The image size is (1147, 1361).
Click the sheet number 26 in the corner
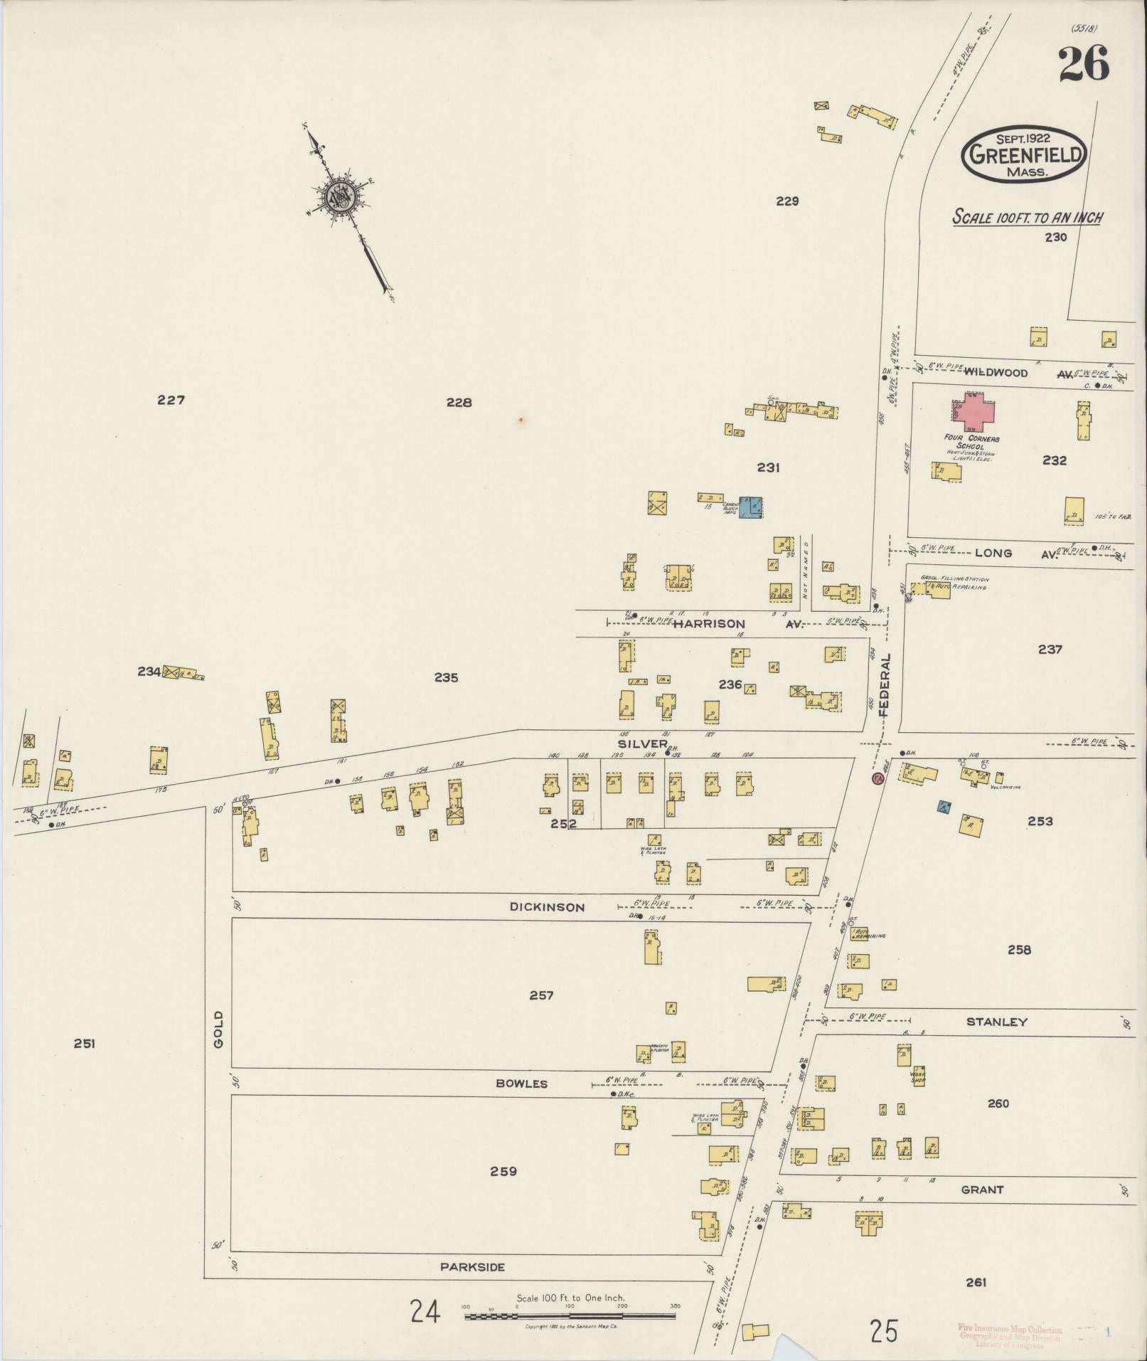1083,64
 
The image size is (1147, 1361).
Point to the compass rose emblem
338,196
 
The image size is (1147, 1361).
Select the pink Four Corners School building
973,412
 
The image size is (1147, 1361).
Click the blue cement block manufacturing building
749,507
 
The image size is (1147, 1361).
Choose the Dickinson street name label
547,907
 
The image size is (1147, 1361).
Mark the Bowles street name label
522,1084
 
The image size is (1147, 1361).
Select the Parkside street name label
472,1266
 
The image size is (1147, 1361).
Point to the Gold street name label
218,1029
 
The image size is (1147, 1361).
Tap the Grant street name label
982,1189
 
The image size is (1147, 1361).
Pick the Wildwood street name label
996,373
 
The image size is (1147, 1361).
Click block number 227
171,401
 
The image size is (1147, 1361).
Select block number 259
503,1171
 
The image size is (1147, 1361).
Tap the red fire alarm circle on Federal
877,779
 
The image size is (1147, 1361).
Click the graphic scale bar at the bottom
570,1317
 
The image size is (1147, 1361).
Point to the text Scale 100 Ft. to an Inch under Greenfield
1028,218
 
